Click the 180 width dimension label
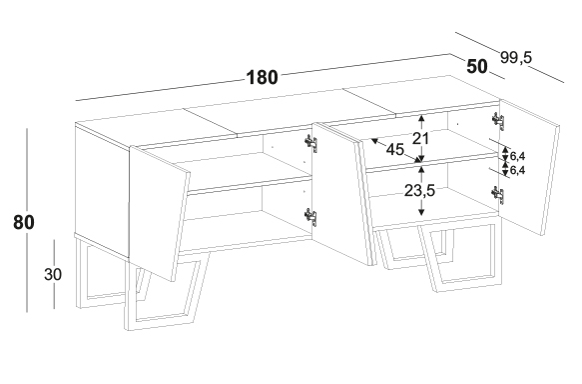point(262,77)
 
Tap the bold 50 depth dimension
point(476,67)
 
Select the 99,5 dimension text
point(516,58)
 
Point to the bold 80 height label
point(24,222)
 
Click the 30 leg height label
point(53,274)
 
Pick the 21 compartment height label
point(421,138)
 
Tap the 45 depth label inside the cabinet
point(395,150)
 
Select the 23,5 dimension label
point(419,191)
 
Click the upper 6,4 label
point(517,156)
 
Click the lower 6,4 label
point(517,171)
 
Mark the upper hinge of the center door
point(311,143)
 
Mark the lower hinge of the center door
point(311,217)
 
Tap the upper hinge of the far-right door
point(498,121)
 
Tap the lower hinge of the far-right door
point(498,195)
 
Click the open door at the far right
point(529,167)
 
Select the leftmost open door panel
point(158,214)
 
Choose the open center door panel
point(341,193)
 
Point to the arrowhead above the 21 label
point(421,118)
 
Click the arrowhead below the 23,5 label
point(421,212)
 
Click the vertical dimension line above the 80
point(27,170)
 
